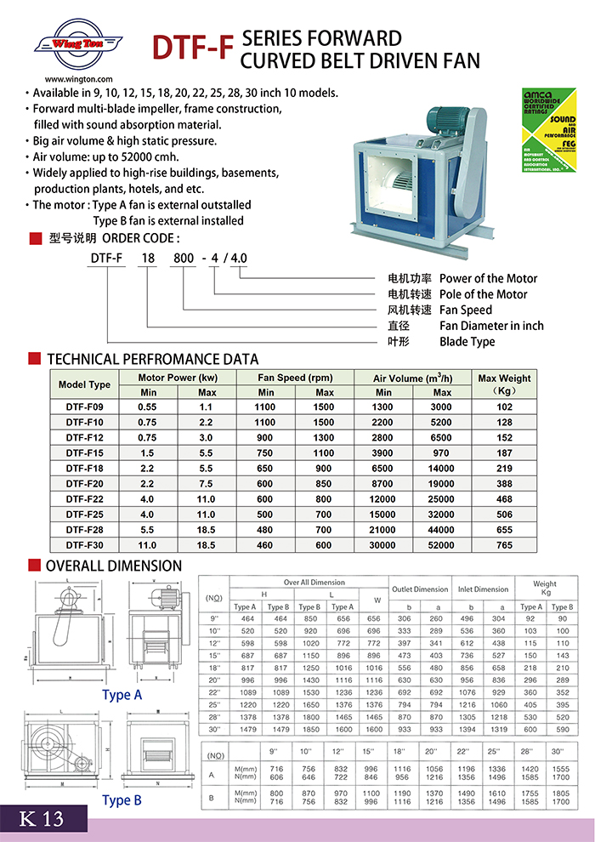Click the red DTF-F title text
coord(191,48)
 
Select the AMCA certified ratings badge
coord(549,133)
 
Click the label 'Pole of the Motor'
coord(483,294)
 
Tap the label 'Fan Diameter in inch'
coord(491,326)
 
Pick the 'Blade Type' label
coord(467,342)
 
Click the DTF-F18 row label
coord(84,469)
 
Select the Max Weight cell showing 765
coord(504,545)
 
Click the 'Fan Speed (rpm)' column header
coord(296,378)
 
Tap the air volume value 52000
coord(442,545)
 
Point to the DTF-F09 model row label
coord(84,407)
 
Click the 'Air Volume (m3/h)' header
coord(413,378)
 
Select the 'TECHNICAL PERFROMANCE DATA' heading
coord(152,359)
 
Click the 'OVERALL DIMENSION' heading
coord(113,566)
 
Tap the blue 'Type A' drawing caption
coord(122,695)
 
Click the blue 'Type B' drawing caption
coord(122,800)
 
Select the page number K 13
coord(41,819)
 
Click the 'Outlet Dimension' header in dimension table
coord(420,589)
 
